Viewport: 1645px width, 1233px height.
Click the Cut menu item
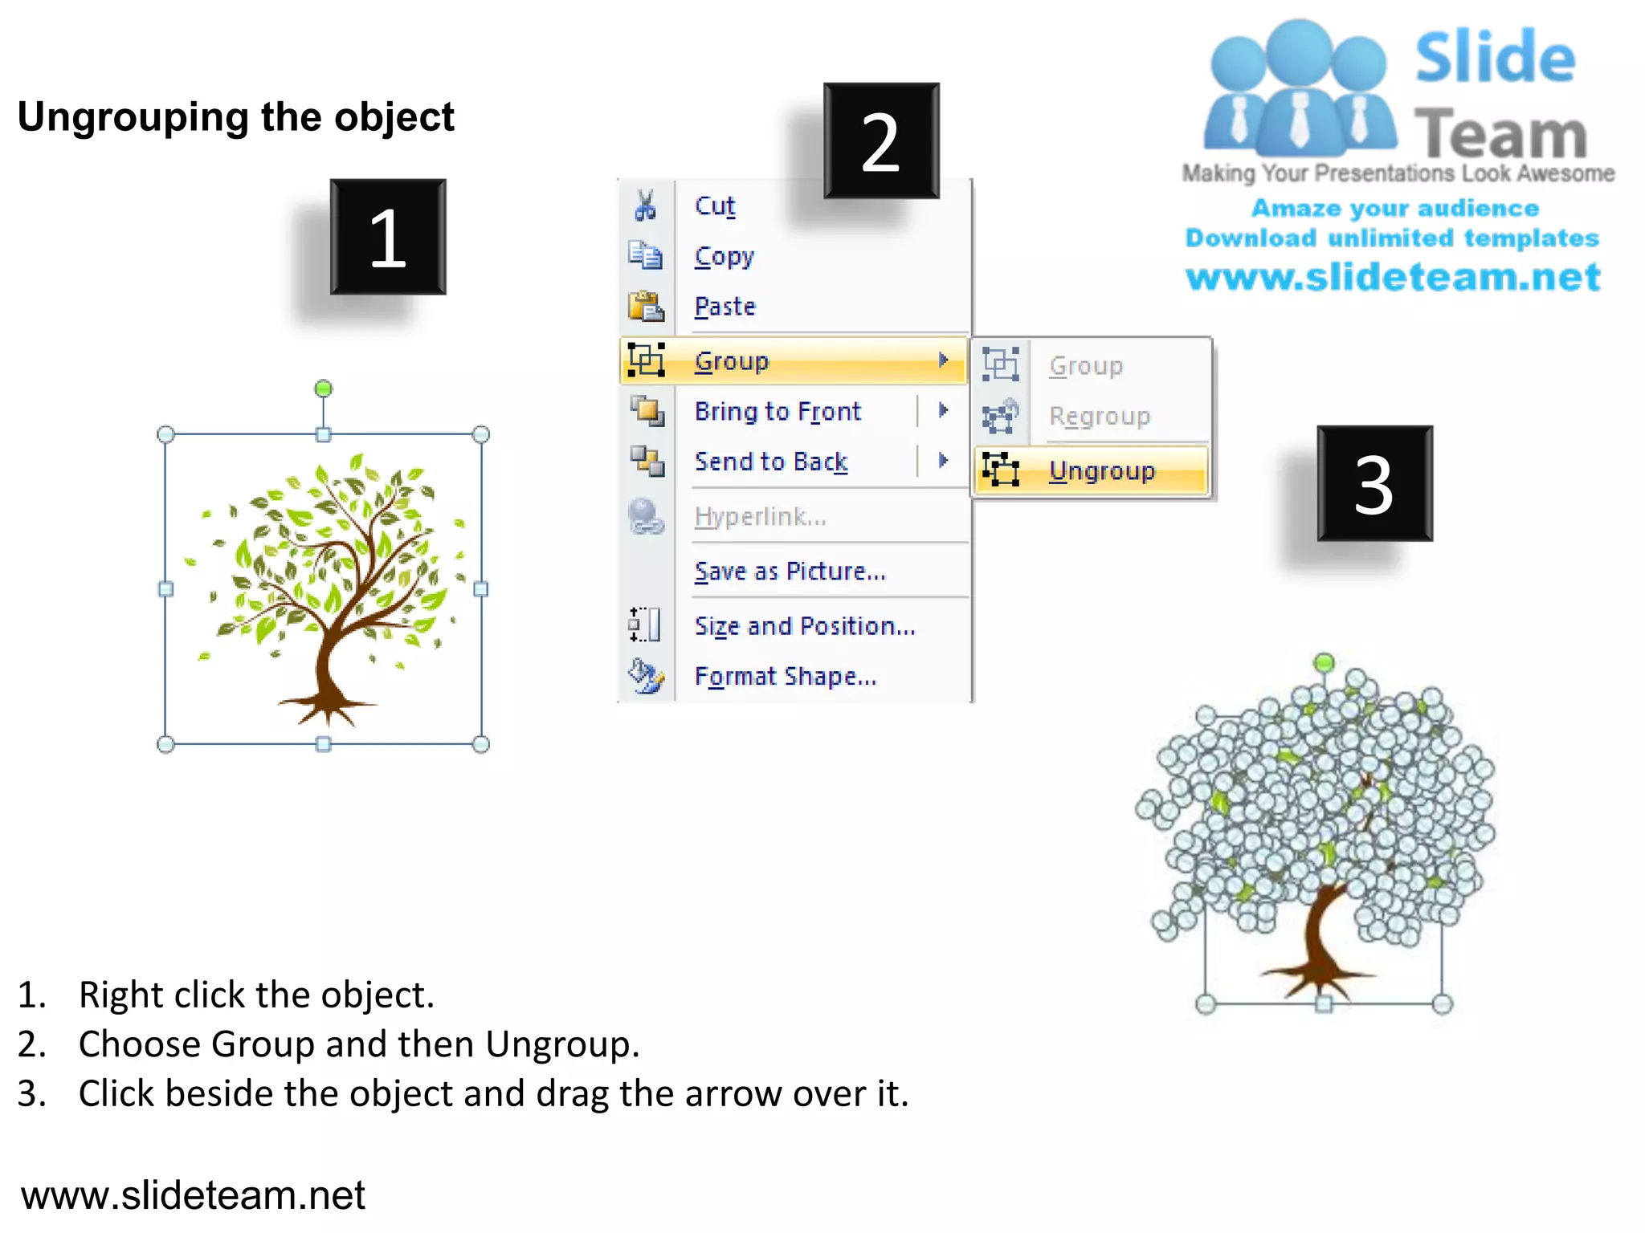714,206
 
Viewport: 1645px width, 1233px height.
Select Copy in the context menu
724,257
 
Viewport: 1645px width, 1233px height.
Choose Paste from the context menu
725,307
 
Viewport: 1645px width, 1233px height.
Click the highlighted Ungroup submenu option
1101,470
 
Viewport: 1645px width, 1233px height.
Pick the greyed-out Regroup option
1099,416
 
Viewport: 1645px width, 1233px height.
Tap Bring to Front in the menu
777,411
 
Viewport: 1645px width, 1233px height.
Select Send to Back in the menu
770,462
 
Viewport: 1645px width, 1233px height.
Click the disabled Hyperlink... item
760,516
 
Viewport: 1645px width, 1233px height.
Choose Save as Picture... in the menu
790,571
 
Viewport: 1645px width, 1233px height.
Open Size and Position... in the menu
804,625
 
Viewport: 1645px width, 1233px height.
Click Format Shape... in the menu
785,676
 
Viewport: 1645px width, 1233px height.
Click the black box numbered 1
388,237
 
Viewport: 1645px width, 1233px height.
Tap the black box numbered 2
881,140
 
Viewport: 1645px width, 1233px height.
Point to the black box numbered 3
1374,483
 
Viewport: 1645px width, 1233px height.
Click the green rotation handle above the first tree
323,389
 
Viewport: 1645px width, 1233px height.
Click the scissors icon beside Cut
645,205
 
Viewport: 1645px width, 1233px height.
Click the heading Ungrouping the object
235,117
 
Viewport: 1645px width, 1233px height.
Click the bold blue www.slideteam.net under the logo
1393,277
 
